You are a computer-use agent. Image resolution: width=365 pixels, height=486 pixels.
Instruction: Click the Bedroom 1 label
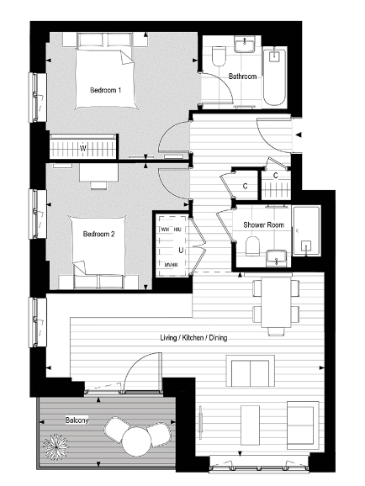coord(107,90)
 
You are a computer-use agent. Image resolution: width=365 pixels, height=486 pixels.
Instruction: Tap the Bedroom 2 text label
coord(100,235)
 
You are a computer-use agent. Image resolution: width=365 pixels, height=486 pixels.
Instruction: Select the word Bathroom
coord(242,77)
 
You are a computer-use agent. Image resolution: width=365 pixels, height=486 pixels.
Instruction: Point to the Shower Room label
coord(262,225)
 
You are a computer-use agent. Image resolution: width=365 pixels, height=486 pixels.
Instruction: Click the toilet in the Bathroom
coord(219,57)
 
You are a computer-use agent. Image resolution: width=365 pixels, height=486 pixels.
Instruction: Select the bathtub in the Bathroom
coord(275,77)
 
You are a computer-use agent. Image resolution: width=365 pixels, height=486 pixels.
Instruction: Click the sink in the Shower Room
coord(275,256)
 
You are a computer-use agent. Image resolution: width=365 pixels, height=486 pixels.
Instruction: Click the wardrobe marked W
coord(82,149)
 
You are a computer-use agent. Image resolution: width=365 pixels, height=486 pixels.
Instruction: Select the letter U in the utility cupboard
coord(180,250)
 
